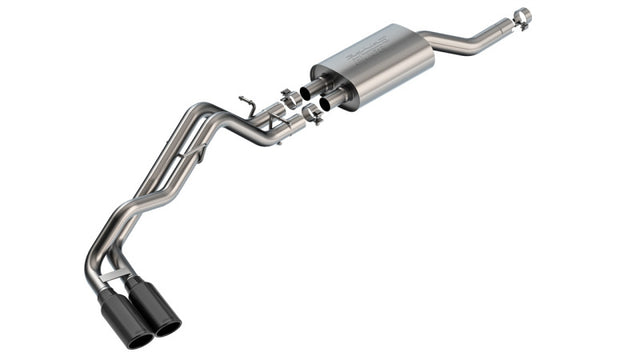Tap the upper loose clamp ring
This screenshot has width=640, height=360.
click(290, 99)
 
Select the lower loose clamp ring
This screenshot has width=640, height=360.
click(312, 113)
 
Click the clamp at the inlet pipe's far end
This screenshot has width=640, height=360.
click(522, 16)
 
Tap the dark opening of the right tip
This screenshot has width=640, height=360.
click(169, 327)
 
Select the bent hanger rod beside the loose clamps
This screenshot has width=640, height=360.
click(246, 104)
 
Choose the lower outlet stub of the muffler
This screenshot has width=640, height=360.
click(331, 101)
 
